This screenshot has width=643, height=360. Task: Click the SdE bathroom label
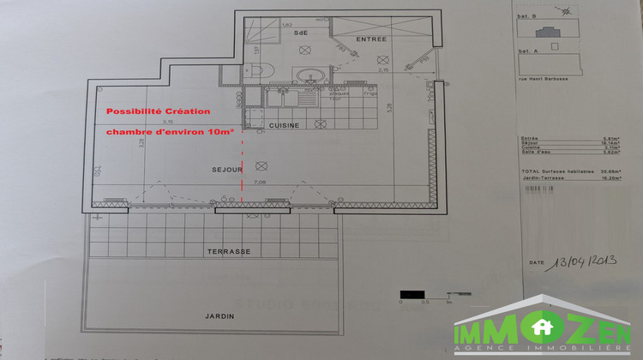click(x=300, y=33)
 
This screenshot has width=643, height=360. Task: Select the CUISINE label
click(x=283, y=126)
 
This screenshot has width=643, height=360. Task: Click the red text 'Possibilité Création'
click(x=157, y=112)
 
